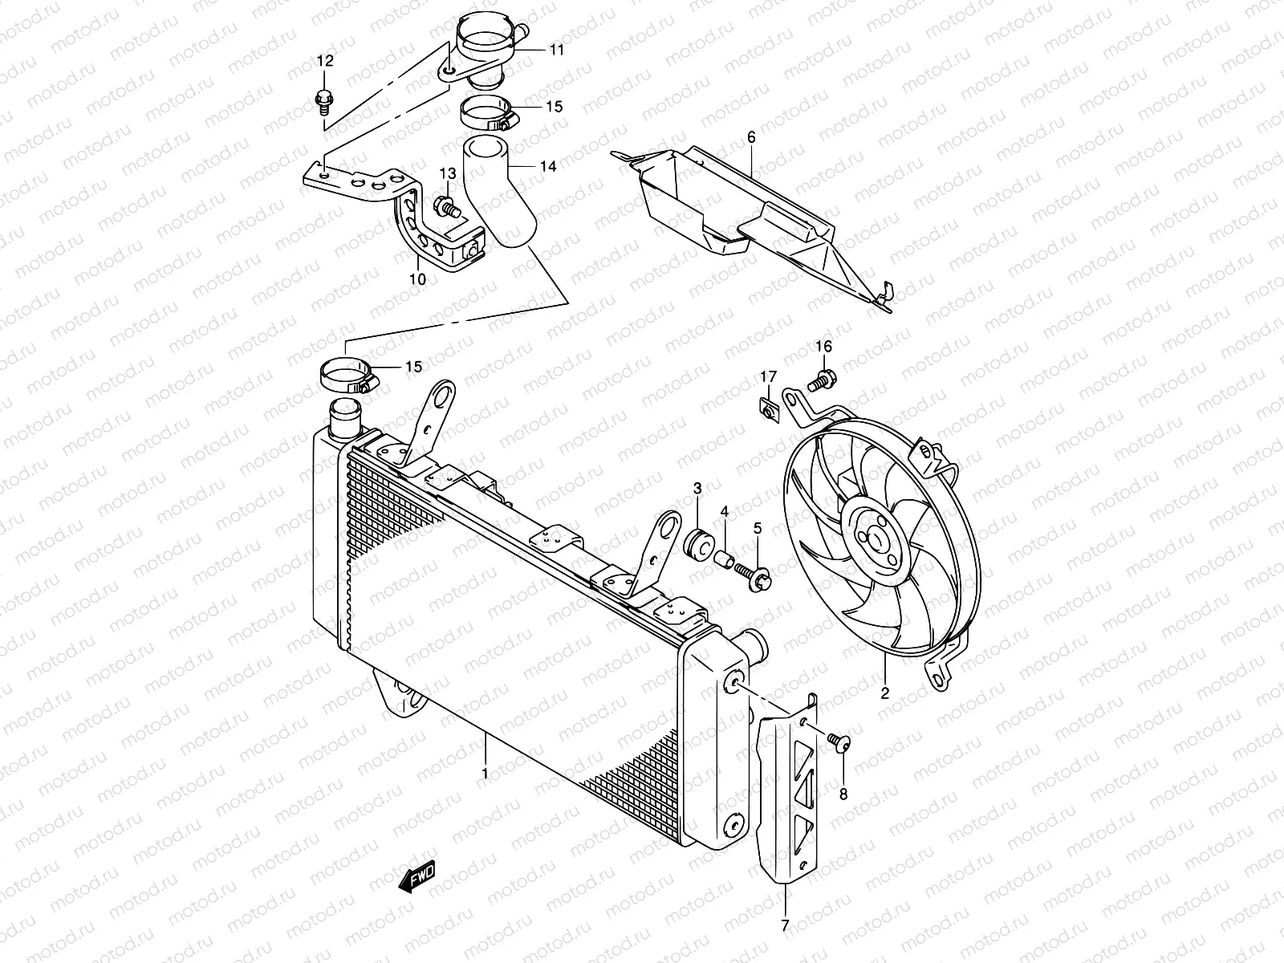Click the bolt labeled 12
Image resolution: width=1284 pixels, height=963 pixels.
[323, 100]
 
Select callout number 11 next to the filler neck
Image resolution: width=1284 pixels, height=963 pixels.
[557, 50]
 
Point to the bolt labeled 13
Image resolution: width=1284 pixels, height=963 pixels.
[446, 208]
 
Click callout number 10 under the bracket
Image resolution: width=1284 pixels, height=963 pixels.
[418, 279]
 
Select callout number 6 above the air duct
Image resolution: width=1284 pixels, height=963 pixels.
[751, 138]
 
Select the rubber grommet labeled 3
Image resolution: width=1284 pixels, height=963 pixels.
[697, 543]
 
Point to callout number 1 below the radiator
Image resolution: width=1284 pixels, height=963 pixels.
[485, 774]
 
